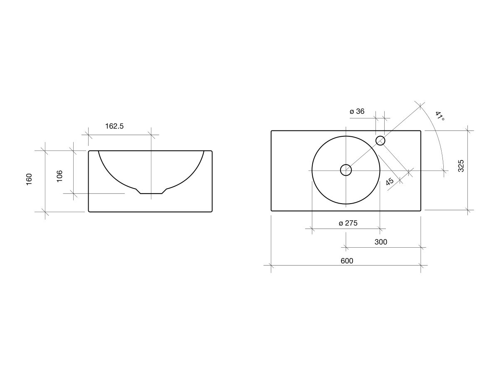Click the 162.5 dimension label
[114, 126]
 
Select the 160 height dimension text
[29, 179]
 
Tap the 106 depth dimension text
[59, 176]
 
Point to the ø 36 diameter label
[357, 111]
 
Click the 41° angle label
[440, 116]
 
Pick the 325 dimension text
[461, 166]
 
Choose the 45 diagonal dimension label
[390, 181]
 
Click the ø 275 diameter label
[348, 223]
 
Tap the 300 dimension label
[381, 242]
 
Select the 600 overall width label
[347, 261]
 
